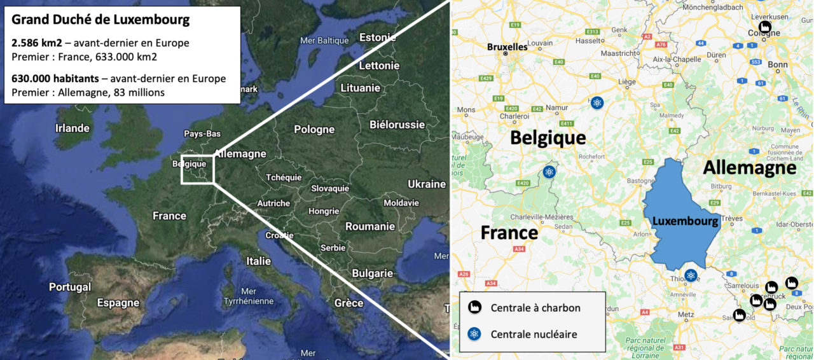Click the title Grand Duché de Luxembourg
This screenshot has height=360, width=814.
100,20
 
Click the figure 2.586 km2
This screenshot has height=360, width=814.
37,43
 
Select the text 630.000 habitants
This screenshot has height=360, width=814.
55,79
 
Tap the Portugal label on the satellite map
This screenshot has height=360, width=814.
70,287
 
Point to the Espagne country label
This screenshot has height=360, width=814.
118,303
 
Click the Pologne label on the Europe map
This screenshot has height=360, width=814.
314,129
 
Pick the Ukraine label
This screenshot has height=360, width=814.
427,184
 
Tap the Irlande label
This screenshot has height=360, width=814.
72,128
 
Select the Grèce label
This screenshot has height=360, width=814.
349,303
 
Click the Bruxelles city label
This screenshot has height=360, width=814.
507,46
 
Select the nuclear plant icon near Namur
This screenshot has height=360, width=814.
597,102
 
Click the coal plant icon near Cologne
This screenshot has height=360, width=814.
766,27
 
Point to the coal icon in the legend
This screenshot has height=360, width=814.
474,307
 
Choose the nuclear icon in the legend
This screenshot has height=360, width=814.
474,333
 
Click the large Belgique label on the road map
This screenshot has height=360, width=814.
548,137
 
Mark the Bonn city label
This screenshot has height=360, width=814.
778,64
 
